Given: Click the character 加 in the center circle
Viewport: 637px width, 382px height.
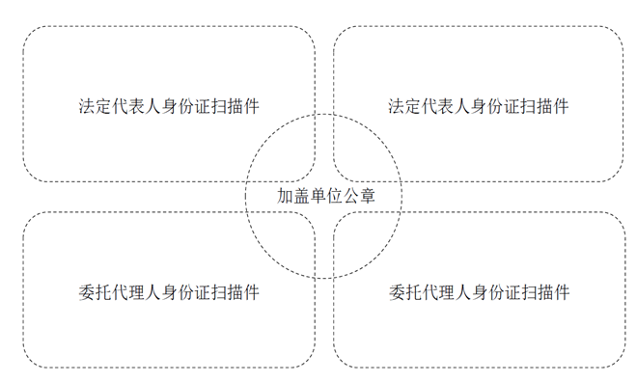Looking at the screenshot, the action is click(x=285, y=196).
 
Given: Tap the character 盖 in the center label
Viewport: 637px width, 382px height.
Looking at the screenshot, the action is click(x=301, y=196).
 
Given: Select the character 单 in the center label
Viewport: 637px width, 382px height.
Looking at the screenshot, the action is click(x=318, y=196).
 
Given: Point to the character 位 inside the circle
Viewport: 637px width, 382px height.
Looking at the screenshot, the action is click(x=334, y=196).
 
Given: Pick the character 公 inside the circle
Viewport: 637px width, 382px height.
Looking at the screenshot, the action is click(x=351, y=196).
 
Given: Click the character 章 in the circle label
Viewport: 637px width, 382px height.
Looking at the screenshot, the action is click(x=368, y=196).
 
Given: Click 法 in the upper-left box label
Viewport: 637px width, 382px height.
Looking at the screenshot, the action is click(x=87, y=106).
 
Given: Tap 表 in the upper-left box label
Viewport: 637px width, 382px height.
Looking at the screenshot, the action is click(x=136, y=106).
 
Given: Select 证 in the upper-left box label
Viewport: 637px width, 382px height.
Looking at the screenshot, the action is click(x=202, y=106).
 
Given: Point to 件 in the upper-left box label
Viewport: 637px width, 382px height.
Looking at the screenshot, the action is click(x=251, y=106).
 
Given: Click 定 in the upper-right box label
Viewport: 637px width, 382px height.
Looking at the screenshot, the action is click(x=413, y=106).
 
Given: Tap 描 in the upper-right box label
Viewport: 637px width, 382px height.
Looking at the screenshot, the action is click(x=544, y=106).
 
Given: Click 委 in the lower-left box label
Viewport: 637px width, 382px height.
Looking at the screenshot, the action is click(x=87, y=292).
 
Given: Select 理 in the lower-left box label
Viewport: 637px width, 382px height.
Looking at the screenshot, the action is click(x=136, y=292).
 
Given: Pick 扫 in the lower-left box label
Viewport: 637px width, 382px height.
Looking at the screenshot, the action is click(x=218, y=292).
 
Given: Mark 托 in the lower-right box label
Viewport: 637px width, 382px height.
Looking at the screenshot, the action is click(x=413, y=292).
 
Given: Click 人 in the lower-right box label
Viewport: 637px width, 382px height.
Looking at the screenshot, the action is click(x=462, y=292).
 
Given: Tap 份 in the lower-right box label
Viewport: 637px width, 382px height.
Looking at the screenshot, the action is click(x=496, y=292).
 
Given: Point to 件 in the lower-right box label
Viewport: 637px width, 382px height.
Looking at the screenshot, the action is click(x=562, y=292).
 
